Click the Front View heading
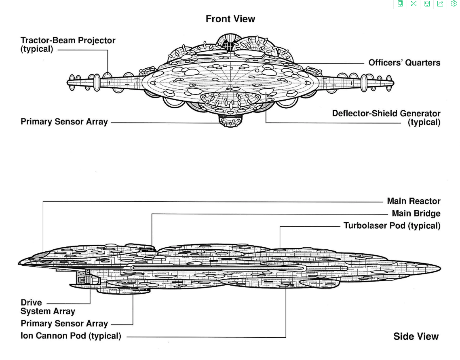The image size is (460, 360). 230,19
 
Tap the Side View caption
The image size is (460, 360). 416,337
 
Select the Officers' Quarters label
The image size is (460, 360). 404,63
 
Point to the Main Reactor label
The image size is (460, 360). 414,201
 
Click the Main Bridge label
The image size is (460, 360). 416,213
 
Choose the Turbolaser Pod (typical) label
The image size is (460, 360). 392,225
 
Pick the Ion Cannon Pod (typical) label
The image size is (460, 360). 71,336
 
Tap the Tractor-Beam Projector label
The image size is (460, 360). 68,41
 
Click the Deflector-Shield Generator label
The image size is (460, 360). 386,114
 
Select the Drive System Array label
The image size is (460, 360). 48,307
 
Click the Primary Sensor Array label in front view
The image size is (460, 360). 64,122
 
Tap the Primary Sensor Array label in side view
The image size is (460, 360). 64,324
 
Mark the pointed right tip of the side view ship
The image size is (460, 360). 440,268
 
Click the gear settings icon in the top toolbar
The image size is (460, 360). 454,4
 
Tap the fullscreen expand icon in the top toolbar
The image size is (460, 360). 414,4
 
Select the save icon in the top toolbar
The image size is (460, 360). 427,4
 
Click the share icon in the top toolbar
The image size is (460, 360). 440,4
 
